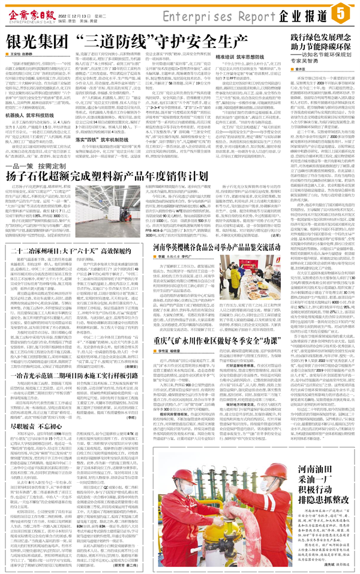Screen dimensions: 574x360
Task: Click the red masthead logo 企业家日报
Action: [x=37, y=10]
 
